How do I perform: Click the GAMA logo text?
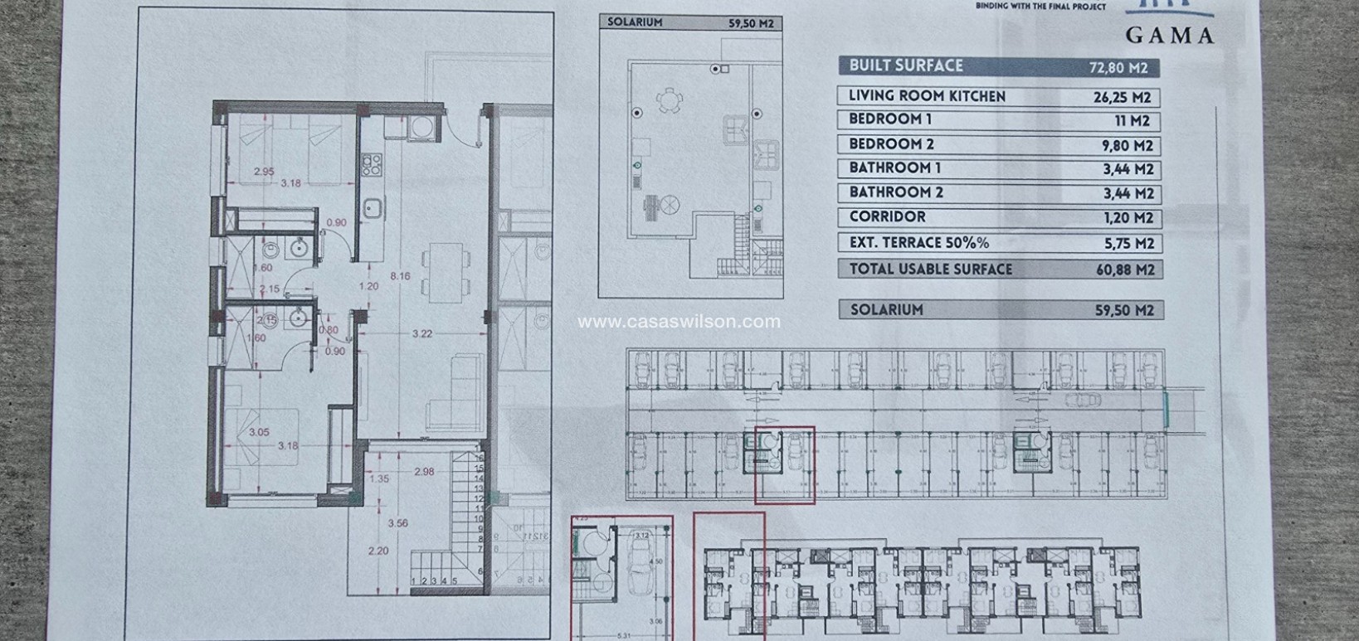1169,35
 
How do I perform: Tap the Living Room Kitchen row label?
927,96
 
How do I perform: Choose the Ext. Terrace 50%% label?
918,243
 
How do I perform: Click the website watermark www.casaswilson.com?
679,321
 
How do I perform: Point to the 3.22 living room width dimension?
422,334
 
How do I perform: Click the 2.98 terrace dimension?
424,472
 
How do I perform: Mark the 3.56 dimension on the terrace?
398,523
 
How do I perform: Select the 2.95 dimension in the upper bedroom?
264,172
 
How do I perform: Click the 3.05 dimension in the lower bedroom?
259,432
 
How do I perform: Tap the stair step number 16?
478,457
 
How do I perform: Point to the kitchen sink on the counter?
371,207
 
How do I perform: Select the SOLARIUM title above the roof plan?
635,22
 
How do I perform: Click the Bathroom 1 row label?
894,168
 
